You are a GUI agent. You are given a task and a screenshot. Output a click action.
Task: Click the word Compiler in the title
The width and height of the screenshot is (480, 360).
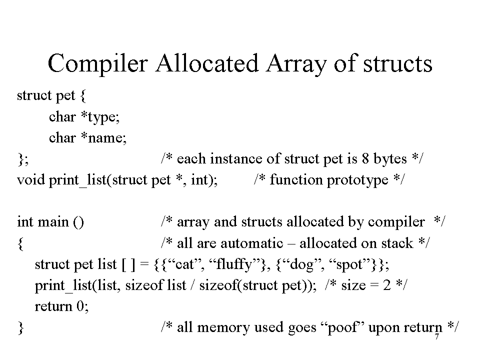[x=97, y=63]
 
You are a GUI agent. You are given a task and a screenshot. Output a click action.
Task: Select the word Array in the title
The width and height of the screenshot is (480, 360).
[x=296, y=63]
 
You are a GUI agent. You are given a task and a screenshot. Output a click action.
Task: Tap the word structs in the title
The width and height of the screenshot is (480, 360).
[x=397, y=63]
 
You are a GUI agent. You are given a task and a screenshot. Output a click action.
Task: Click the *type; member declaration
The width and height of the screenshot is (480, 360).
[x=100, y=117]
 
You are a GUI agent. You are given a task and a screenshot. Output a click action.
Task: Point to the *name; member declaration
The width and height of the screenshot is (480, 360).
[x=103, y=138]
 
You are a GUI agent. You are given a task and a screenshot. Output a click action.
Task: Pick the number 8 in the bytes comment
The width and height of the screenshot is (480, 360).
[x=365, y=158]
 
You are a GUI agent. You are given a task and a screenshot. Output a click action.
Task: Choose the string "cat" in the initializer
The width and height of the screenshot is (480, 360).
[x=182, y=264]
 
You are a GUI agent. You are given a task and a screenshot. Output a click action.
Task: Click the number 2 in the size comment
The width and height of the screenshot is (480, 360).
[x=387, y=285]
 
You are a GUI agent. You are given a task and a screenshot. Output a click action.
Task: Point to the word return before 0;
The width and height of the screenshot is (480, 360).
[x=53, y=306]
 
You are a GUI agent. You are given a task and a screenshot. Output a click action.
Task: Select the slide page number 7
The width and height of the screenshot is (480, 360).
[x=437, y=336]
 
